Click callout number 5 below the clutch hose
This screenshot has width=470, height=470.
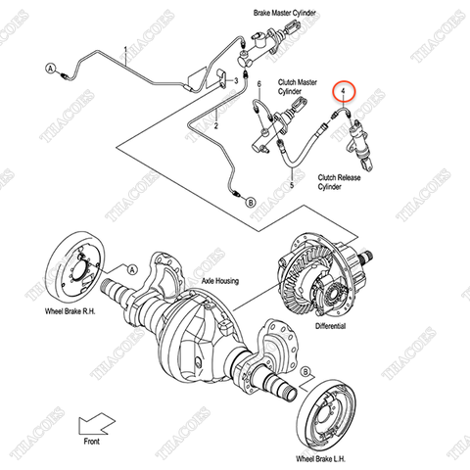click(x=292, y=183)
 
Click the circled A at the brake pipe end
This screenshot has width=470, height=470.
click(x=50, y=69)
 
